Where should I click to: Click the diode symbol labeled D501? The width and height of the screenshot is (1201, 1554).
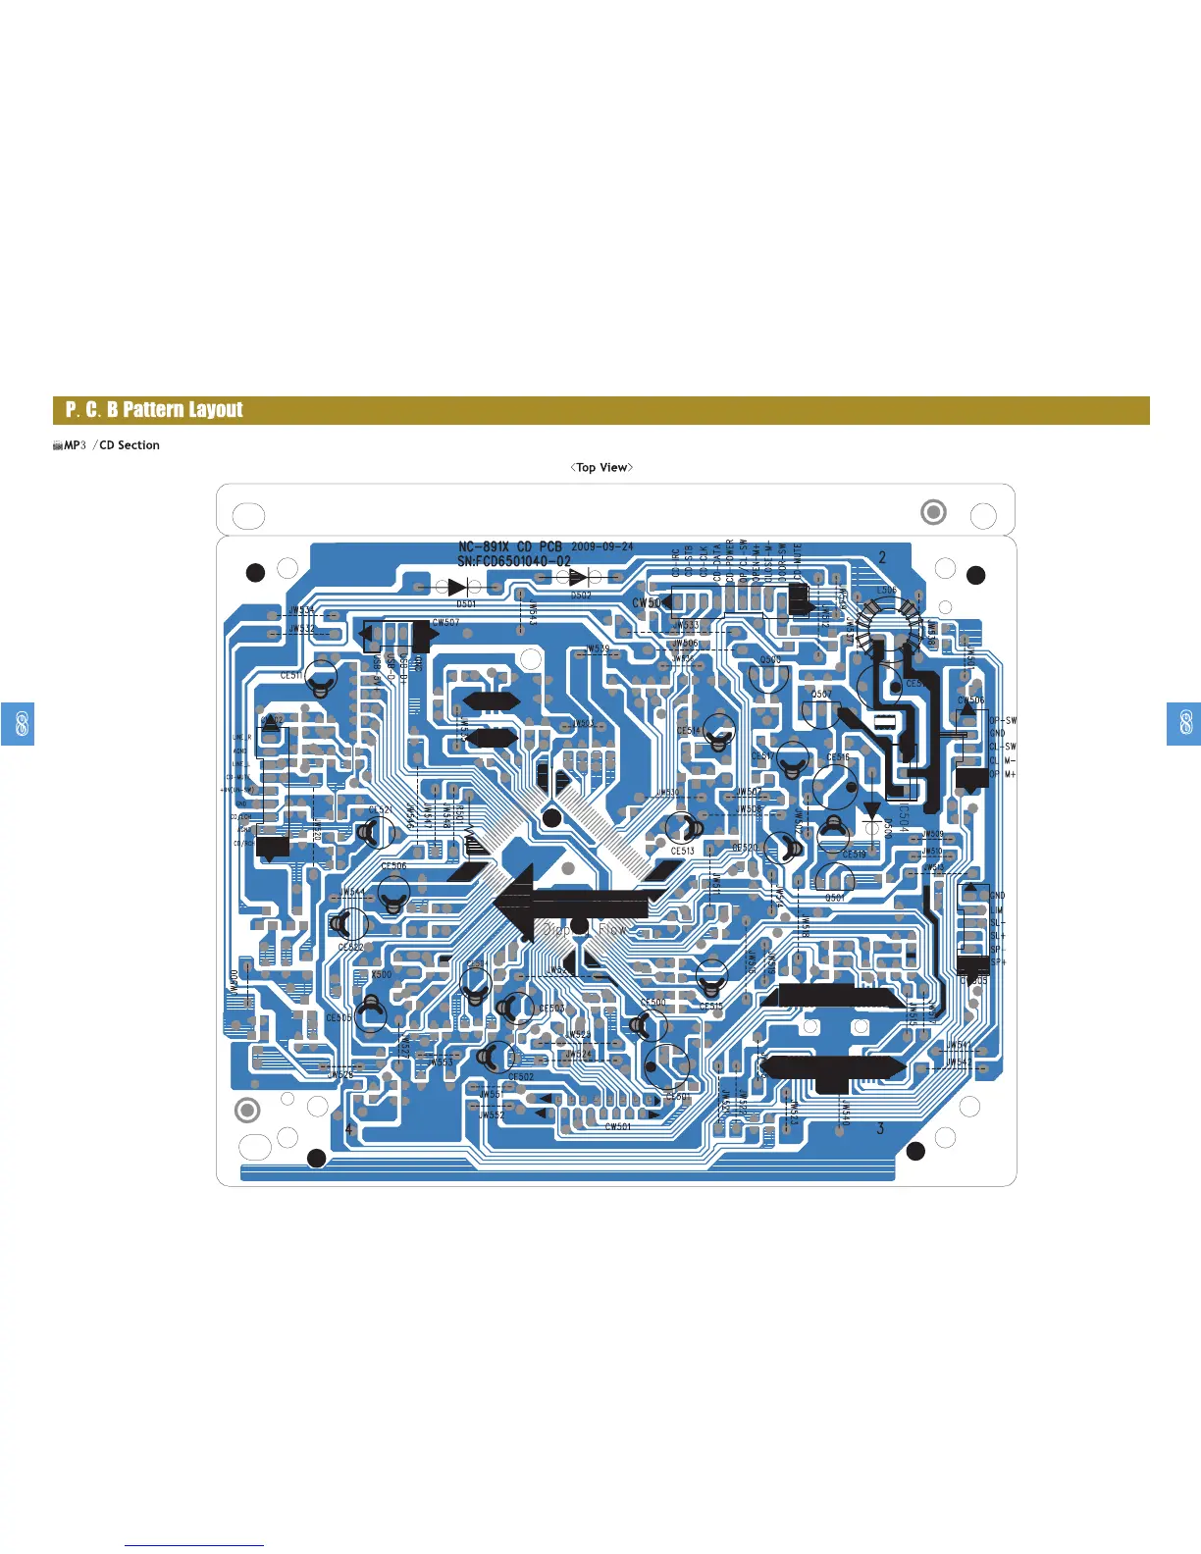point(456,588)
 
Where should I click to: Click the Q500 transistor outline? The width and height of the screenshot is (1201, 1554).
point(769,676)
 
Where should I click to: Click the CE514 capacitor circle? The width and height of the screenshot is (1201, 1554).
point(719,730)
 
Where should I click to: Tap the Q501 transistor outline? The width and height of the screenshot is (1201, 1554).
point(835,880)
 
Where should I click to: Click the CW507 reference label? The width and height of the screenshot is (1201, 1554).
point(445,622)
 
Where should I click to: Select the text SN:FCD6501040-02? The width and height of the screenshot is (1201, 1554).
point(513,561)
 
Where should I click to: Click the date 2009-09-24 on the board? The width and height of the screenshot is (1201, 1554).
point(601,546)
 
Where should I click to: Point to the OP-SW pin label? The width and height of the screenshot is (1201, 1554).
point(1003,720)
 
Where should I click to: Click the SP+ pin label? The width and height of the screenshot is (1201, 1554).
point(998,962)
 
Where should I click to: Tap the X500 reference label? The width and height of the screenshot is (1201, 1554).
point(381,974)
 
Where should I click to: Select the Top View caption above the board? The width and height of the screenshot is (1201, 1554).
point(601,467)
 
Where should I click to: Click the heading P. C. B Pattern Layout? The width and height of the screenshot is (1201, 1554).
point(154,410)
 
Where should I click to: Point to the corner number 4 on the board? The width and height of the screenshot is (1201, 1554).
point(348,1128)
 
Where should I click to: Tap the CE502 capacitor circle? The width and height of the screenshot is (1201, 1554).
point(496,1057)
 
